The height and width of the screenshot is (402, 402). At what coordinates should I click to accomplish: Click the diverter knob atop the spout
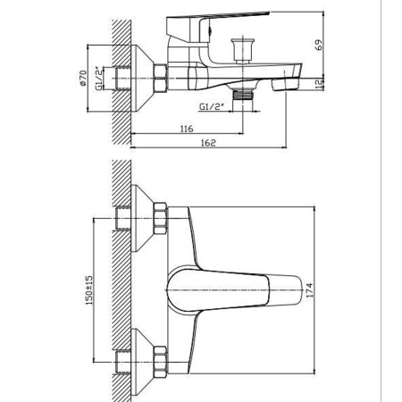(239, 46)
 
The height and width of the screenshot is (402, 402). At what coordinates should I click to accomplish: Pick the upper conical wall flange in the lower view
(138, 214)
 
